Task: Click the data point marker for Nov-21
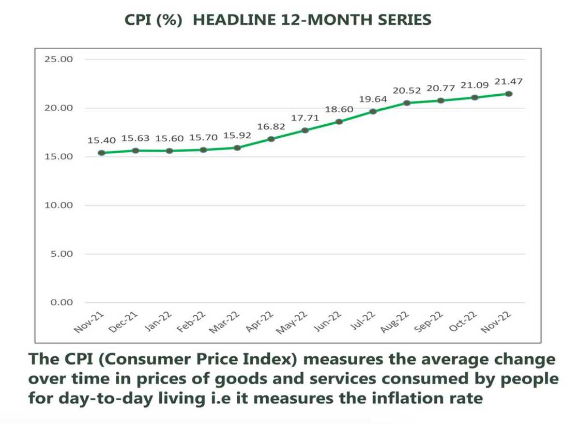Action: pos(101,153)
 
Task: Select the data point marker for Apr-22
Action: pos(271,139)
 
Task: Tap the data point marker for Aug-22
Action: pos(407,103)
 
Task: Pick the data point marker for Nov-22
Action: pos(509,94)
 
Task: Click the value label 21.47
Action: pos(509,82)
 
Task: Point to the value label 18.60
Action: pos(339,110)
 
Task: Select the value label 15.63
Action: pos(135,138)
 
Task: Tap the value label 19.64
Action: pos(373,99)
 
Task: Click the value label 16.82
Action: pos(271,127)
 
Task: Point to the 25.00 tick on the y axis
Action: pos(58,60)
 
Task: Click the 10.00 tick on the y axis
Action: pos(58,206)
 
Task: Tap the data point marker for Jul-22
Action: pos(373,111)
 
